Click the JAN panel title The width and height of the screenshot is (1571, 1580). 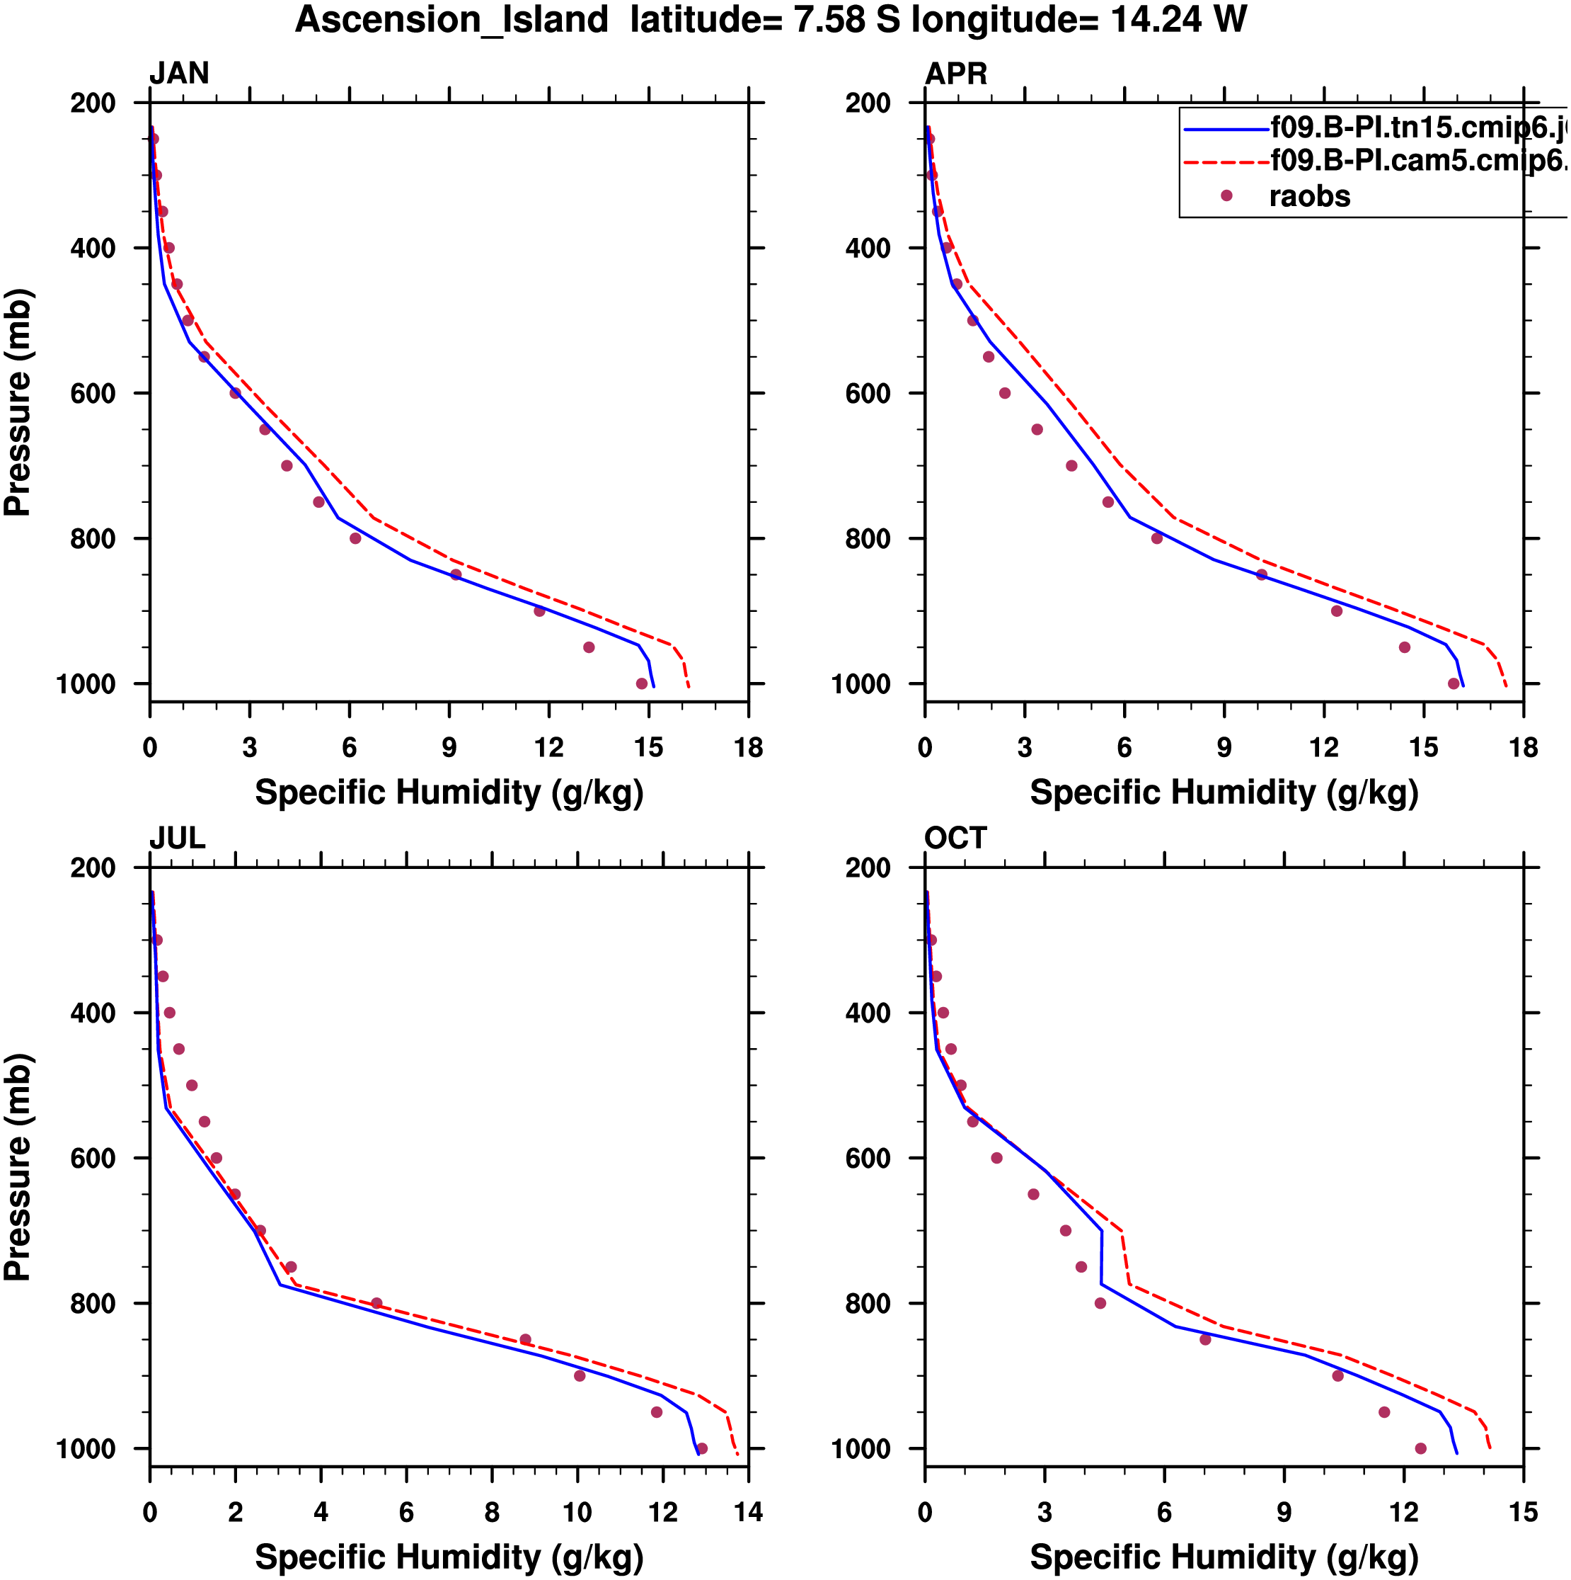[179, 74]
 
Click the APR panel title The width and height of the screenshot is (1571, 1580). [955, 74]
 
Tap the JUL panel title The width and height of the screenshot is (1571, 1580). [178, 839]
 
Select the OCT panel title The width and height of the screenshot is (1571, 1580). [955, 839]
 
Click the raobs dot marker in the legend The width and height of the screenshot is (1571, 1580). [1226, 195]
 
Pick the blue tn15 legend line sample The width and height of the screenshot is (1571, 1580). [1226, 129]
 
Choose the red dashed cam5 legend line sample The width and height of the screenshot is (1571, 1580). [1226, 162]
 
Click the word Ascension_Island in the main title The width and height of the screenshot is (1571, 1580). [452, 20]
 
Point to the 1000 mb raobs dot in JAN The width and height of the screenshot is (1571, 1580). [642, 683]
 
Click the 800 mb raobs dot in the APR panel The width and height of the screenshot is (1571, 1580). [1156, 538]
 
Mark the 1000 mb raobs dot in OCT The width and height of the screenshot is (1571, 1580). [1420, 1448]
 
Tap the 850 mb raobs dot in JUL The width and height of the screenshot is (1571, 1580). [526, 1340]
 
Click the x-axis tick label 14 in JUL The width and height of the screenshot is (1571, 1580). [748, 1513]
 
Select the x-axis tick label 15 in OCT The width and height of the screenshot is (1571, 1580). [1523, 1513]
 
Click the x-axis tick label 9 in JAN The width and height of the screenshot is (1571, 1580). [449, 747]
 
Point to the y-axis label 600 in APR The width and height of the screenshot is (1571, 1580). [868, 393]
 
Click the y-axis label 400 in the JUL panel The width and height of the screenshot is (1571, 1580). [93, 1013]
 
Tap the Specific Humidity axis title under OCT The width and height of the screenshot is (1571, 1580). [1224, 1558]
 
